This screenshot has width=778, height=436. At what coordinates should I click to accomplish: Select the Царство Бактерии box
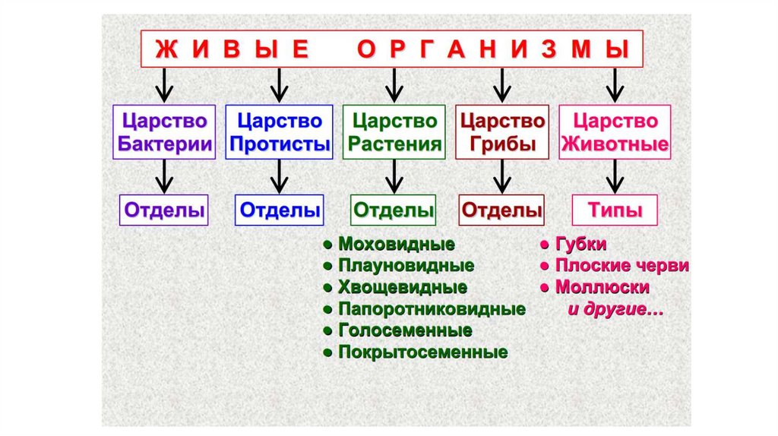(x=163, y=132)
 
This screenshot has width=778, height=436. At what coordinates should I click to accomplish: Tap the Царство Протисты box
(x=279, y=132)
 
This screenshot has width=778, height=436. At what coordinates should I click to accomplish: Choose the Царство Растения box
(x=394, y=132)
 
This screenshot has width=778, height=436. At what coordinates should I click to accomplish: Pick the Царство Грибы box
(x=501, y=132)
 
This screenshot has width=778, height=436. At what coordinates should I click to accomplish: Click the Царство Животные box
(x=615, y=132)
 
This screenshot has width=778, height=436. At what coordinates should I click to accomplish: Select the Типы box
(x=615, y=210)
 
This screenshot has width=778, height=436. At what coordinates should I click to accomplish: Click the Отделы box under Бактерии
(x=164, y=210)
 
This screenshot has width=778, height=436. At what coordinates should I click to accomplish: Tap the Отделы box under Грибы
(x=502, y=210)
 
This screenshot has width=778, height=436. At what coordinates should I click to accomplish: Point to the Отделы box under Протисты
(x=280, y=210)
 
